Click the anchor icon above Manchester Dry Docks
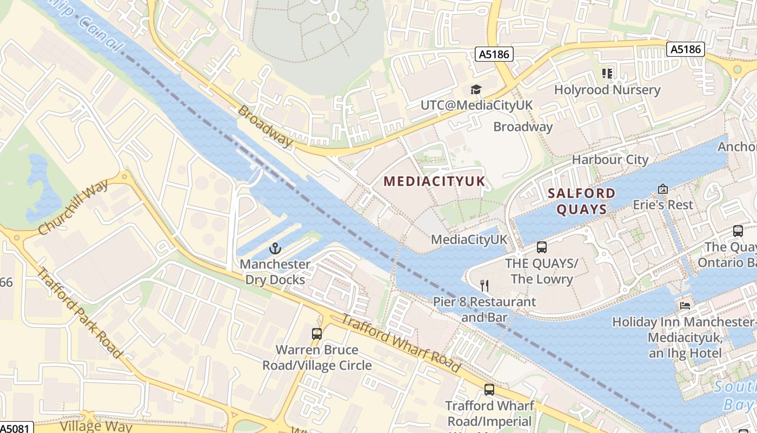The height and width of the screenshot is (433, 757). click(x=275, y=248)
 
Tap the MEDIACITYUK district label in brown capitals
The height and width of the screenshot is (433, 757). click(x=434, y=181)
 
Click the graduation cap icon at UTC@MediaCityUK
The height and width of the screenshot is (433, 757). click(x=476, y=89)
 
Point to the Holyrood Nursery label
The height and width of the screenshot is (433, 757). click(x=607, y=90)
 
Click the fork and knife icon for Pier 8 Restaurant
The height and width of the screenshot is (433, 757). click(x=484, y=285)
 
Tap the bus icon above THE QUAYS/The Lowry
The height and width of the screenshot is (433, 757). click(x=542, y=247)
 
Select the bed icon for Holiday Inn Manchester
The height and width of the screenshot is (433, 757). click(x=685, y=305)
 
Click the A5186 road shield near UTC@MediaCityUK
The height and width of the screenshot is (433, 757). click(x=494, y=54)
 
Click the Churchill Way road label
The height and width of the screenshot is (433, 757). click(x=73, y=206)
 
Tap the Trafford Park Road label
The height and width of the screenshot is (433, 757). click(x=78, y=311)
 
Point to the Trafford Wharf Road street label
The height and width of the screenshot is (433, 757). click(x=401, y=344)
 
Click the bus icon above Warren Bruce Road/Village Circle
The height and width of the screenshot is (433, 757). click(x=317, y=334)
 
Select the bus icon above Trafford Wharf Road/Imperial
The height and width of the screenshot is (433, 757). click(x=489, y=389)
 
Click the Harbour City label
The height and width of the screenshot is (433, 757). click(x=610, y=160)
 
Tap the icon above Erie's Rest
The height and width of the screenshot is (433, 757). click(x=663, y=189)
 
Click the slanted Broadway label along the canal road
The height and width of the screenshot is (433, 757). click(x=265, y=126)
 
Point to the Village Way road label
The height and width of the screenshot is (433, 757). click(x=96, y=426)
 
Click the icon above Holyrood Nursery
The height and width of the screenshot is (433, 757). click(x=607, y=73)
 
